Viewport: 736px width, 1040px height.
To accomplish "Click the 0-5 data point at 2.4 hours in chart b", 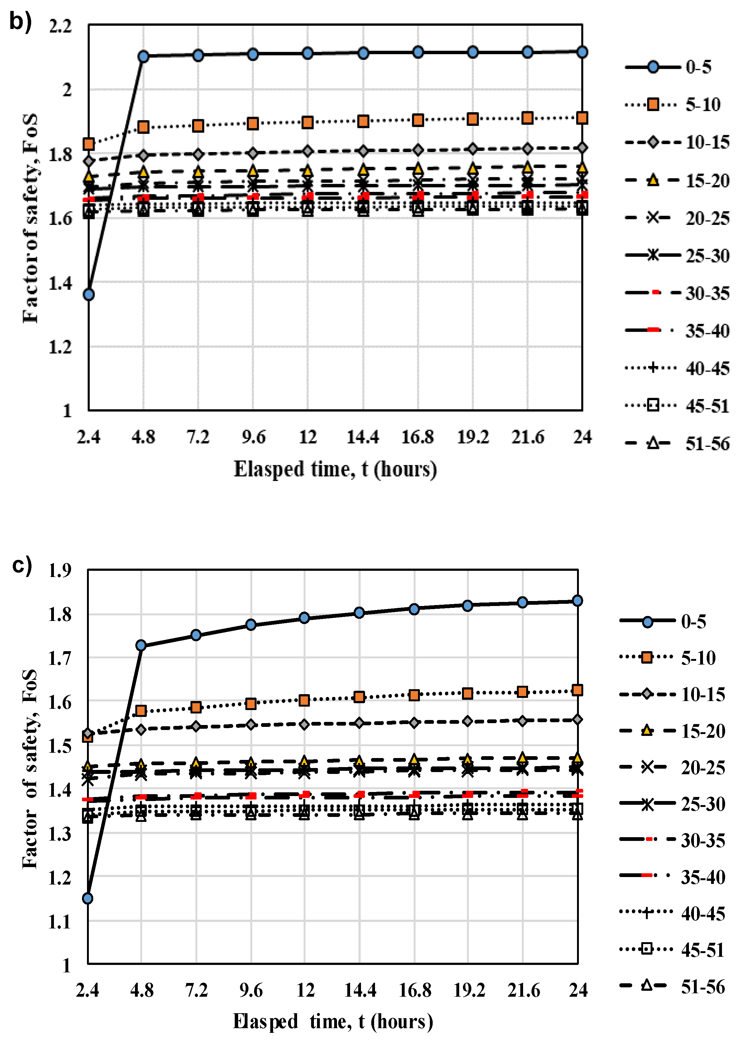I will click(89, 294).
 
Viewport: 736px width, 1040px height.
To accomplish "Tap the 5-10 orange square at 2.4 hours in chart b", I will click(89, 144).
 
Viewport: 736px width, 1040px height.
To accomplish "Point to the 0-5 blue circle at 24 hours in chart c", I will click(577, 601).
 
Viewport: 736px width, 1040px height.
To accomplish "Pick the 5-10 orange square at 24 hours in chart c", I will click(577, 690).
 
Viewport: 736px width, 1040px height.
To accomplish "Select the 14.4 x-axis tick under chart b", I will click(363, 437).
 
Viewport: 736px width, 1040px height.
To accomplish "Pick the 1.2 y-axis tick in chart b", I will click(60, 347).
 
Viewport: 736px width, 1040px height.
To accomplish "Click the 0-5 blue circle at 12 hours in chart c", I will click(305, 618).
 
